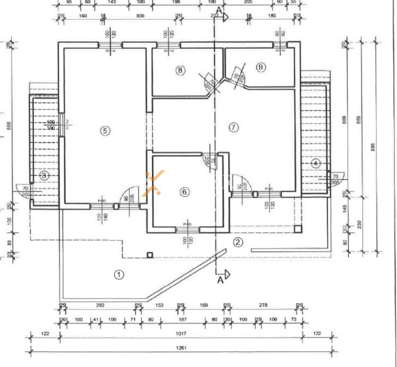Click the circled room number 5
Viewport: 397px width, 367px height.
tap(105, 130)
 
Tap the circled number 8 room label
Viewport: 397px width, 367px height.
tap(181, 70)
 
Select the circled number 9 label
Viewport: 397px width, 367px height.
tap(260, 67)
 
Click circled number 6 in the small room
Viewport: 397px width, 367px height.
tap(184, 192)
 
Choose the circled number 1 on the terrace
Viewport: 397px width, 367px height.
tap(119, 274)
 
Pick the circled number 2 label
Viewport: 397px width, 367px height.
tap(238, 243)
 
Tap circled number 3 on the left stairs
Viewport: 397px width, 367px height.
tap(45, 175)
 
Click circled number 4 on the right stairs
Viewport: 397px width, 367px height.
tap(315, 163)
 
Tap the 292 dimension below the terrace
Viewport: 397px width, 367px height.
tap(100, 305)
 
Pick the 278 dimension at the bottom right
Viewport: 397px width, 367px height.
tap(263, 305)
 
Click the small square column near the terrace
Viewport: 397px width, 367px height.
tap(150, 255)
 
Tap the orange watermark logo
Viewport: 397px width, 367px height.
tap(156, 182)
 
